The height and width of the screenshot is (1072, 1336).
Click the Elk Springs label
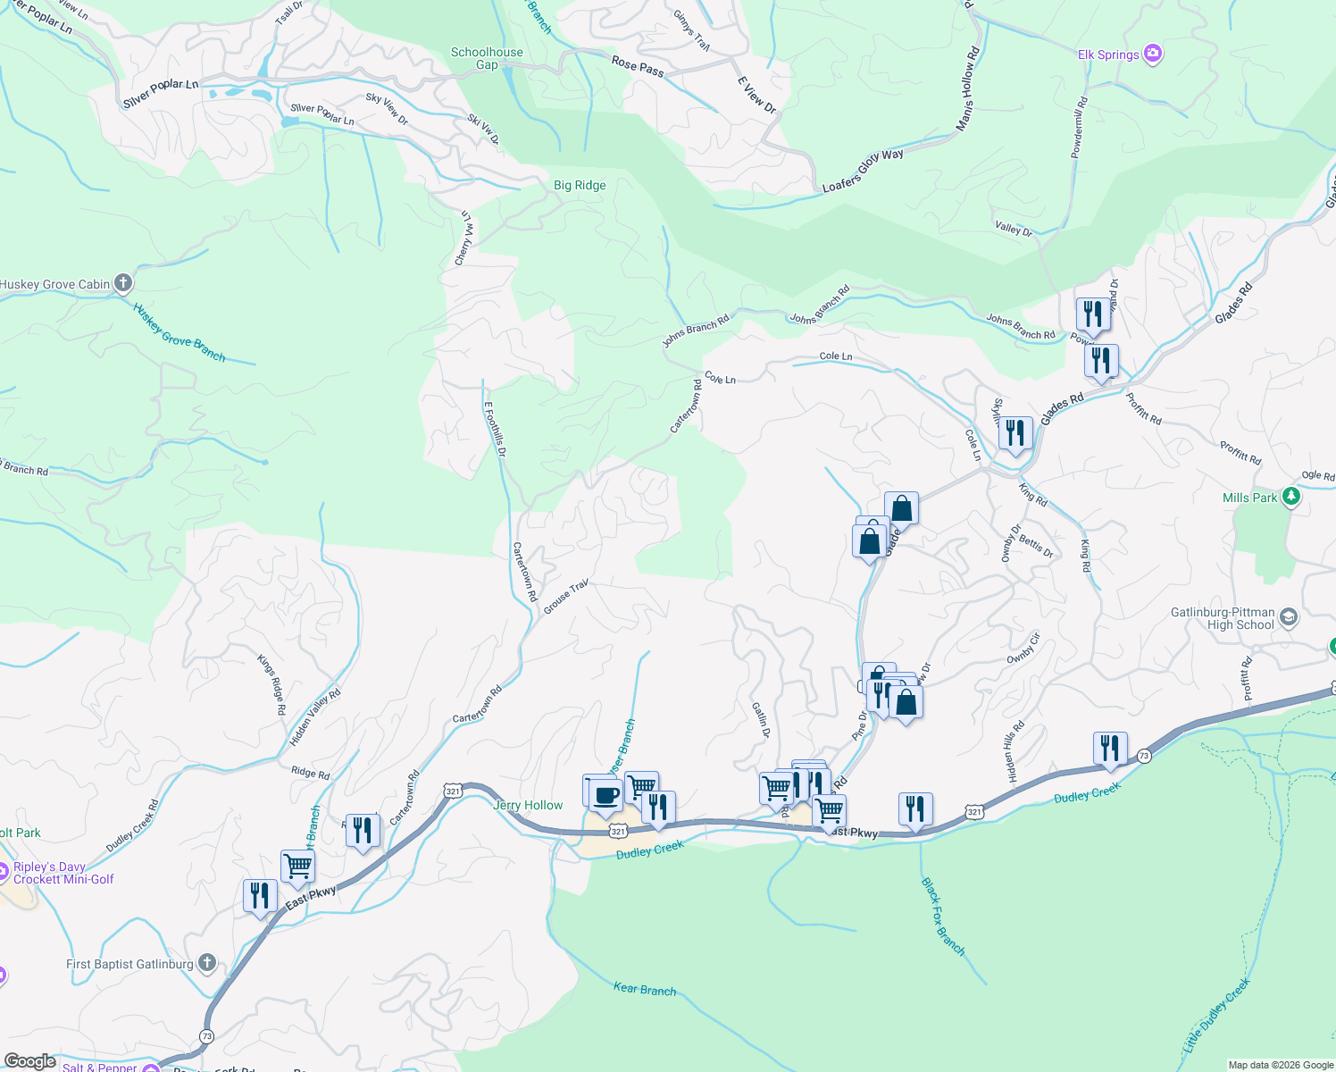click(1108, 54)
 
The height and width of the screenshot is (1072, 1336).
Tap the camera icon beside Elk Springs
click(1153, 54)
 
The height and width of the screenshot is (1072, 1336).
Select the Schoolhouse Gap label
click(487, 58)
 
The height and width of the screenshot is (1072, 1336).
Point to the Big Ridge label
click(580, 186)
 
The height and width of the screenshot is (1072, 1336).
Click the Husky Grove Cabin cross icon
click(123, 284)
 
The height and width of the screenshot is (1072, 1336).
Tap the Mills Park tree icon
click(1290, 497)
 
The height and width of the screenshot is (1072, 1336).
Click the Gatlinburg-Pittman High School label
click(1223, 618)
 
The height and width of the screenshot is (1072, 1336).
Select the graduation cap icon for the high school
click(1288, 616)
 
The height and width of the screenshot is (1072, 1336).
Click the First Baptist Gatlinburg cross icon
click(207, 963)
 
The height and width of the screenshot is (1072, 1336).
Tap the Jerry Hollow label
click(528, 805)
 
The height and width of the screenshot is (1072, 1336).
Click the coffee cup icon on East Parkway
click(605, 794)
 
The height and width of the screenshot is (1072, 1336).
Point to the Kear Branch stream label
click(645, 989)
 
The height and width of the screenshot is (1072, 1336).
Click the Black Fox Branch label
click(943, 917)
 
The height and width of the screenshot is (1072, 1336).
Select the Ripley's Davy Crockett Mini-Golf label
click(63, 873)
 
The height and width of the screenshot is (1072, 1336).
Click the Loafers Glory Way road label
click(863, 171)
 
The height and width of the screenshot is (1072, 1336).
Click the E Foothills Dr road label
click(495, 429)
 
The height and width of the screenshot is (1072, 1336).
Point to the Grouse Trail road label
click(566, 596)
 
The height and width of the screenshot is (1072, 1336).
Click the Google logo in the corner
click(30, 1061)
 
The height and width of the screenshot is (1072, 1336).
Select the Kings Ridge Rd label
click(271, 684)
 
